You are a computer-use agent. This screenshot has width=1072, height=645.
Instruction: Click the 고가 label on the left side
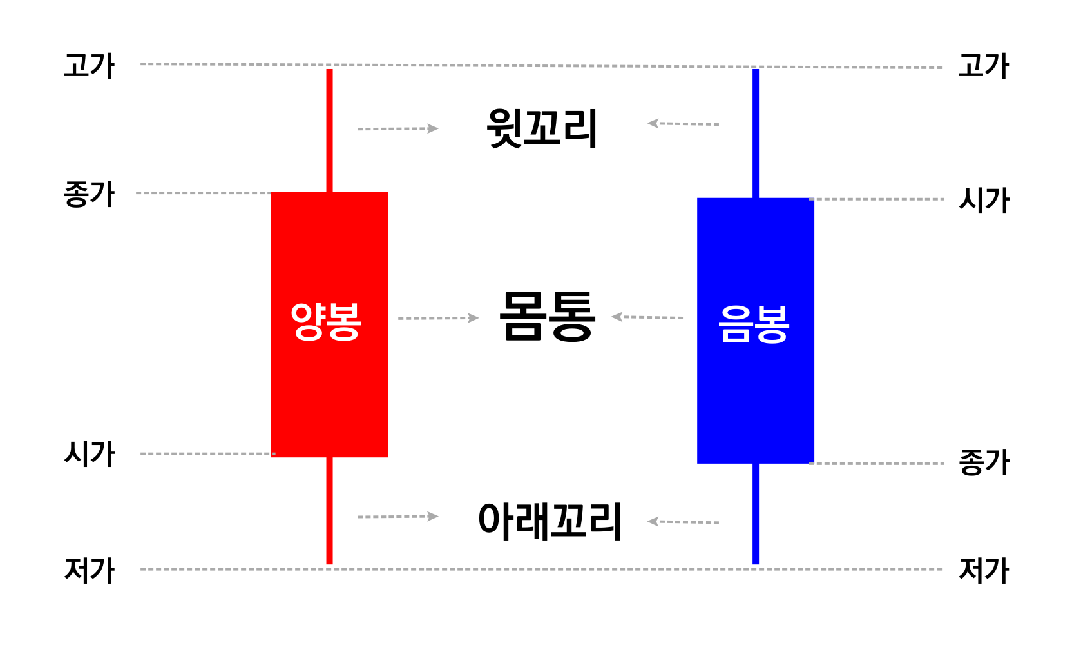[89, 66]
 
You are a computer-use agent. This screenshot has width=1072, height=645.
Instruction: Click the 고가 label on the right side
[983, 66]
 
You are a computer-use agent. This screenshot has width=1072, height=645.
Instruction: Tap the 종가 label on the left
[89, 194]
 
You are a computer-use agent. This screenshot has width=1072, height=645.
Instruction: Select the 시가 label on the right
[984, 200]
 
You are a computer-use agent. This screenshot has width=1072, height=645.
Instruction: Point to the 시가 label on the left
[89, 454]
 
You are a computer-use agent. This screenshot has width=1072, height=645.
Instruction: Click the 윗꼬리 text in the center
[542, 128]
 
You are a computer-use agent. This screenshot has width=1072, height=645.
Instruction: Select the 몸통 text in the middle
[546, 316]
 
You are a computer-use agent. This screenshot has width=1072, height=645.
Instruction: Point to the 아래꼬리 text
[550, 521]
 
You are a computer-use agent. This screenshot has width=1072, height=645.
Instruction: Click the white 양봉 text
[326, 321]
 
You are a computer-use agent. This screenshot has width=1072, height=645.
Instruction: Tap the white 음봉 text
[754, 323]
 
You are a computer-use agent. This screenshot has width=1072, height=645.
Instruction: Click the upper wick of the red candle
[330, 129]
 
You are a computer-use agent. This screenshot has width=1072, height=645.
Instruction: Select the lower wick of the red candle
[330, 510]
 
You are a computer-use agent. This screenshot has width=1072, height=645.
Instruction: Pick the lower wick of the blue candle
[756, 513]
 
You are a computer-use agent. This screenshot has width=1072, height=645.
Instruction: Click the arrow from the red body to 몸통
[438, 318]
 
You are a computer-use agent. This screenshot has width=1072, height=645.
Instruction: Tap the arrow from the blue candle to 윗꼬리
[683, 124]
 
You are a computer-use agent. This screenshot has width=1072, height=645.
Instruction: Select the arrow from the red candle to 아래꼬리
[397, 517]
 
